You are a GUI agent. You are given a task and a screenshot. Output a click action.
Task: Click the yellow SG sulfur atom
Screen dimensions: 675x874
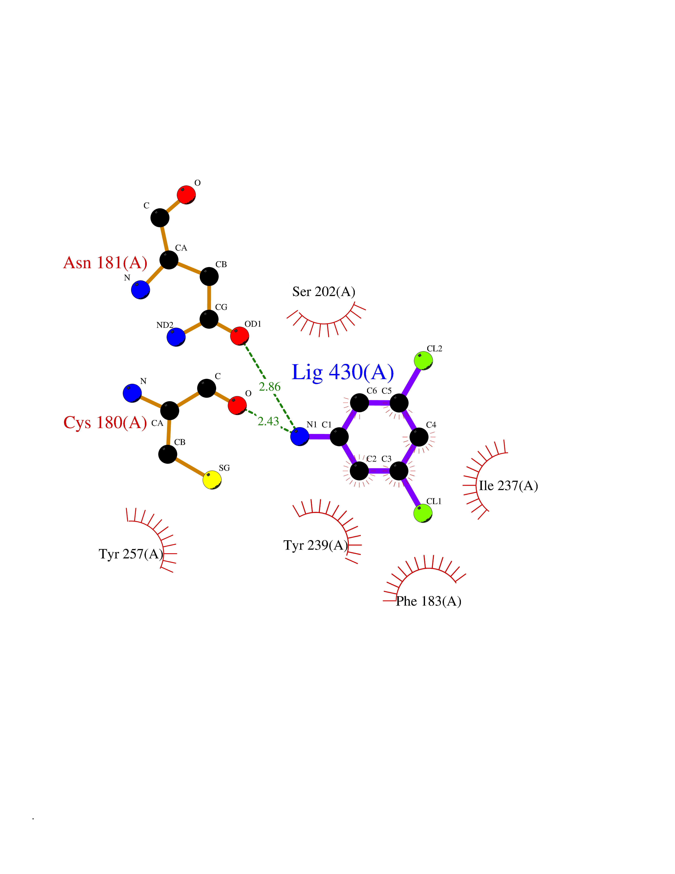(212, 480)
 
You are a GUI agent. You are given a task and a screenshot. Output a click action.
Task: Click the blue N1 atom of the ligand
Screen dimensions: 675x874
(300, 436)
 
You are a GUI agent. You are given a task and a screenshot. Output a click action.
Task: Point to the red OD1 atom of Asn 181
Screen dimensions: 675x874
(240, 336)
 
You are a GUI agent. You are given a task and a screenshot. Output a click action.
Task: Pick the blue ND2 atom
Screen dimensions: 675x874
(176, 337)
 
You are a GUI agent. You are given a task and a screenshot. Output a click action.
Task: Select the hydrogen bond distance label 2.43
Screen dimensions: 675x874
(268, 421)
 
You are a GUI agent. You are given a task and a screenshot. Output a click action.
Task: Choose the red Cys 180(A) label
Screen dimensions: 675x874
(105, 423)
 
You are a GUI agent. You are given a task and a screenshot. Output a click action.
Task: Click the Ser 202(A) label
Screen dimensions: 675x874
(324, 292)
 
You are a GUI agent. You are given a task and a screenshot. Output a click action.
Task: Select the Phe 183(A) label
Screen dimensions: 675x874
(429, 601)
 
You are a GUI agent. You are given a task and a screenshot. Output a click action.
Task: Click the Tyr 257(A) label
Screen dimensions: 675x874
(131, 554)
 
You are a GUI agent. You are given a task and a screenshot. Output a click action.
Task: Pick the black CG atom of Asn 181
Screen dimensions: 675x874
(209, 319)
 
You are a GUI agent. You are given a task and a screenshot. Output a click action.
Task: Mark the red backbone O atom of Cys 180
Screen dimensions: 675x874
(237, 405)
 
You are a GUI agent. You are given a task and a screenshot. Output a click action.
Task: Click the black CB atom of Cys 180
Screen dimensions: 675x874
(168, 454)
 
